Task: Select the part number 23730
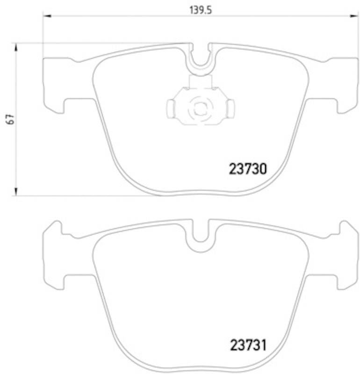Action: click(x=248, y=168)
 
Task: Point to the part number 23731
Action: click(x=248, y=346)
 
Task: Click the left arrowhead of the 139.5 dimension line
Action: click(x=46, y=17)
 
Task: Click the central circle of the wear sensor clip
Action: click(x=200, y=108)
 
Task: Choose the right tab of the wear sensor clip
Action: click(x=230, y=108)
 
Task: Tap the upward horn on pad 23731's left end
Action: click(x=57, y=228)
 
